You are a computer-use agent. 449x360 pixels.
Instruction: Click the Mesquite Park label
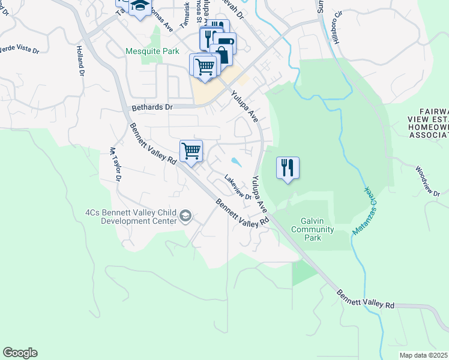point(152,51)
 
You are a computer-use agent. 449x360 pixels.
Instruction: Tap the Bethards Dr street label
point(152,107)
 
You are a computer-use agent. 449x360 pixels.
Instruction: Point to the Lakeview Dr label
point(237,187)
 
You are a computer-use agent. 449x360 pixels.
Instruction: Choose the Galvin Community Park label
point(312,229)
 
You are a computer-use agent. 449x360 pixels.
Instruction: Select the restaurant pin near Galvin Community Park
point(288,167)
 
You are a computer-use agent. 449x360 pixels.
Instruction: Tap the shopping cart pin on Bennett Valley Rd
point(191,150)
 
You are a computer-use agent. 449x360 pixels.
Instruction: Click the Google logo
point(20,353)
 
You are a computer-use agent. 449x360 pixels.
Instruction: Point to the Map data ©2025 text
point(424,355)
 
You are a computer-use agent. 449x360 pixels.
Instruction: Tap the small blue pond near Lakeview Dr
point(236,162)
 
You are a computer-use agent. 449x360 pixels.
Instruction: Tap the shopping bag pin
point(223,53)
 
